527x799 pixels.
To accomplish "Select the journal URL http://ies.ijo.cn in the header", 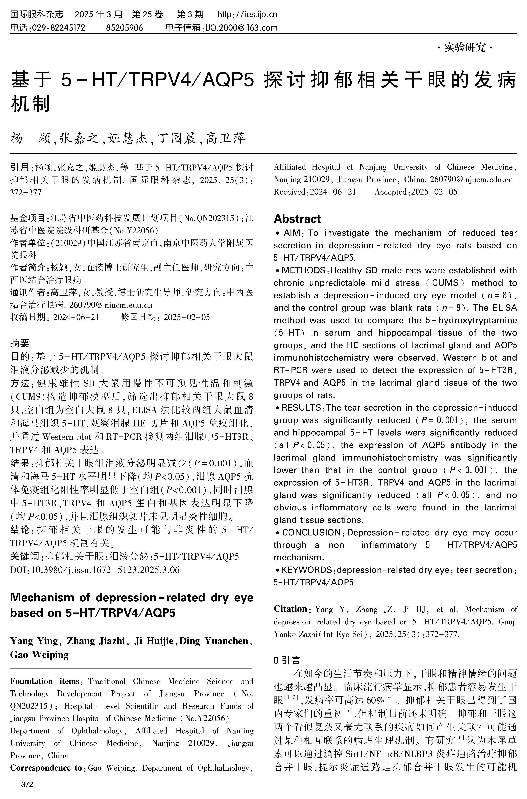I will pos(247,14).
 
